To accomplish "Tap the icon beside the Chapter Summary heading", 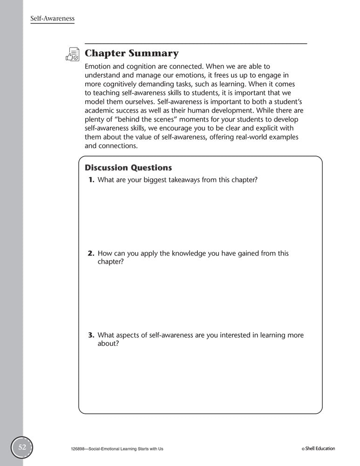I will point(73,54).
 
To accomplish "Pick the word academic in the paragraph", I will point(100,111).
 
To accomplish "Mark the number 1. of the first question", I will point(92,180).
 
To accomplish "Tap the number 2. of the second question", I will point(91,254).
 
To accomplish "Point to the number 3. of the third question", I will point(91,335).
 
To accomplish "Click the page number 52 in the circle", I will point(22,447).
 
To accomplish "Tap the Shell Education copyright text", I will point(319,449).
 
